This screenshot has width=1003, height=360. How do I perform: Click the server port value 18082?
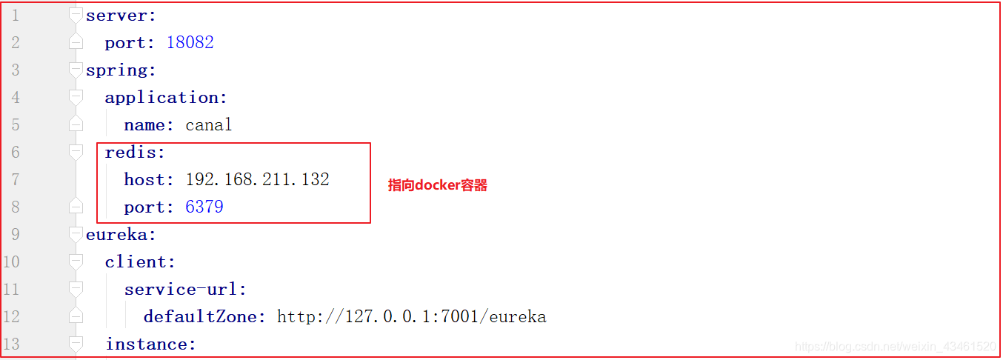click(x=190, y=42)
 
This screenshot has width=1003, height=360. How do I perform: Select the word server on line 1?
click(x=107, y=15)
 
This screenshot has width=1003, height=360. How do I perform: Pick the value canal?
click(x=208, y=124)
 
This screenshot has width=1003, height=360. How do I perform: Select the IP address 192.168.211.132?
click(x=257, y=179)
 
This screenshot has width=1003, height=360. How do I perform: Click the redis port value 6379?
click(x=204, y=207)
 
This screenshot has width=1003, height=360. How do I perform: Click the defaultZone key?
click(x=203, y=316)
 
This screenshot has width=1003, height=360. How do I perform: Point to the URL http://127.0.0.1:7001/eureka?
click(x=411, y=316)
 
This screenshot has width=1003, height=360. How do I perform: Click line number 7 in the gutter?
click(x=16, y=179)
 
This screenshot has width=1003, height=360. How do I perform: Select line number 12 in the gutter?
click(x=12, y=316)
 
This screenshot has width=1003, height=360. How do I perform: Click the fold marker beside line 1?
click(x=76, y=15)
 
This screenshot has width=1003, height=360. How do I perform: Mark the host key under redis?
click(x=147, y=179)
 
